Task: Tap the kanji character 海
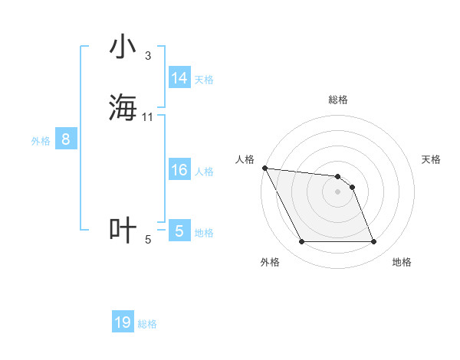tap(123, 107)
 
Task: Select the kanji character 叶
tap(123, 231)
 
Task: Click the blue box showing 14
tap(179, 78)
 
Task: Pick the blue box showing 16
tap(179, 170)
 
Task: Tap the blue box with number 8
tap(66, 139)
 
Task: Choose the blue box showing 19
tap(123, 322)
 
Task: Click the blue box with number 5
tap(179, 231)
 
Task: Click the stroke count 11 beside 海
tap(148, 116)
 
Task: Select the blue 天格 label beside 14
tap(204, 80)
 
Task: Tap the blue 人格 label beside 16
tap(204, 172)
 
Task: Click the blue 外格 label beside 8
tap(41, 141)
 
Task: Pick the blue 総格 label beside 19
tap(147, 324)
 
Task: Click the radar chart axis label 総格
tap(338, 100)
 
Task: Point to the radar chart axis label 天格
tap(432, 159)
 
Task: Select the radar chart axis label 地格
tap(402, 263)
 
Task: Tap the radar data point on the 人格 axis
tap(264, 168)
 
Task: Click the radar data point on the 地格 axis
tap(373, 242)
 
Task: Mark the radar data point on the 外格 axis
tap(302, 242)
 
